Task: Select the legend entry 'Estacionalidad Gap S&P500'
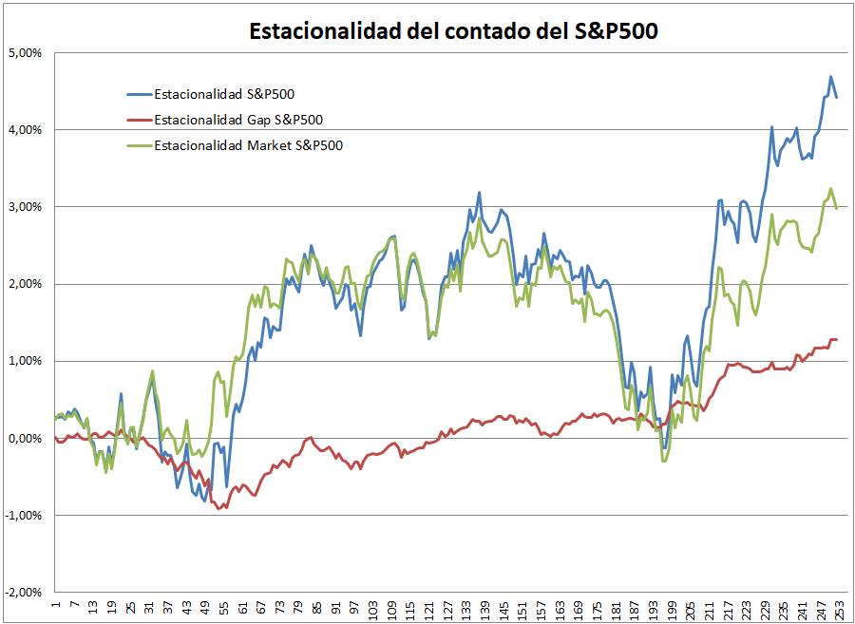(x=237, y=120)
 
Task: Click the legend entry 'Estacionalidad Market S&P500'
(x=248, y=145)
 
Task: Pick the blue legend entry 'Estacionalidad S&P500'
(x=221, y=94)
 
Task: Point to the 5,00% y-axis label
(x=24, y=53)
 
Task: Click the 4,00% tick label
(x=24, y=130)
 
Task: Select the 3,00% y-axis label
(x=24, y=207)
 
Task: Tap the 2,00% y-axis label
(x=24, y=284)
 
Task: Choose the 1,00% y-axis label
(x=24, y=361)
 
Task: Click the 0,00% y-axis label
(x=24, y=438)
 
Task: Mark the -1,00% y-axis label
(x=23, y=515)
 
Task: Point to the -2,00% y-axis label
(x=23, y=592)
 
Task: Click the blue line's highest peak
(x=830, y=77)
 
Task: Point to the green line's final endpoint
(x=837, y=208)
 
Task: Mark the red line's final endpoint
(x=837, y=339)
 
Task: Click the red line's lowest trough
(x=220, y=509)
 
